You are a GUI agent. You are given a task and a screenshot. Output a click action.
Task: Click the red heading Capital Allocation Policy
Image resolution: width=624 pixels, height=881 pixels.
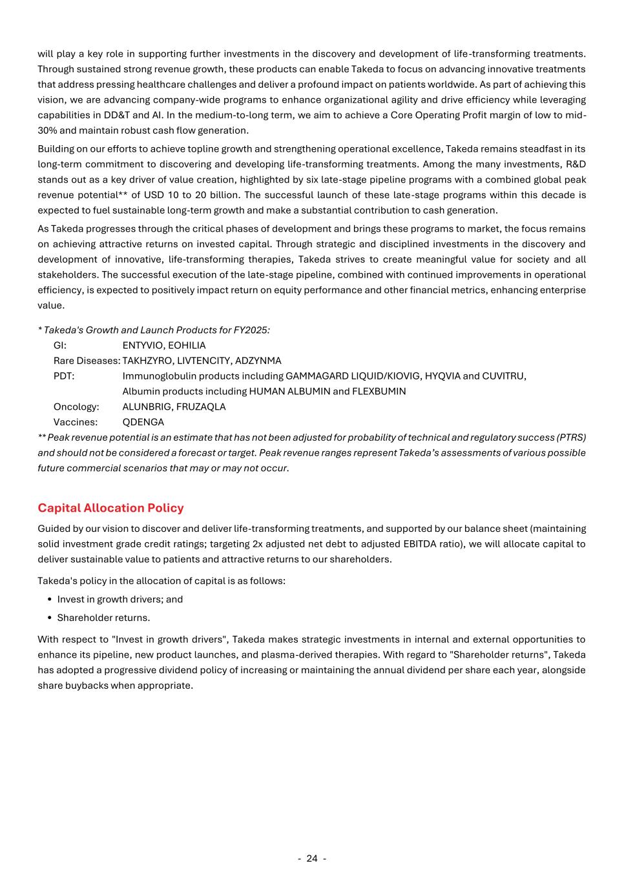tap(110, 508)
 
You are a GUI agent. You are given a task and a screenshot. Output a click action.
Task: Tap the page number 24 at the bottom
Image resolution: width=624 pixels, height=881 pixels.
tap(312, 858)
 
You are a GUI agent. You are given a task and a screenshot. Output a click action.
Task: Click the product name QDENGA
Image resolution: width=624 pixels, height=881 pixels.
tap(143, 422)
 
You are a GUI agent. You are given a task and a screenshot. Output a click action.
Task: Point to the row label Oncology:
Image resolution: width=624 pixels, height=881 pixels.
tap(76, 407)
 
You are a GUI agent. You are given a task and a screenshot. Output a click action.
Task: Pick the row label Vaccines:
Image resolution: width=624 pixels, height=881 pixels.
tap(76, 422)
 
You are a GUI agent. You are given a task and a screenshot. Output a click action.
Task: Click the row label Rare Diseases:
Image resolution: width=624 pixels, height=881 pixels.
tap(87, 361)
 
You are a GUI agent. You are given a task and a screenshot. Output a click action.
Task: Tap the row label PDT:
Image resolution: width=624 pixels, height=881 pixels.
tap(64, 376)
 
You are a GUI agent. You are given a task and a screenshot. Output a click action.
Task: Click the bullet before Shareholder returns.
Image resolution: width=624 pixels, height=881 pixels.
tap(50, 618)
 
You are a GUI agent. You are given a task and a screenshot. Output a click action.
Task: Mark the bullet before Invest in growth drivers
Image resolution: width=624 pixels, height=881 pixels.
tap(50, 600)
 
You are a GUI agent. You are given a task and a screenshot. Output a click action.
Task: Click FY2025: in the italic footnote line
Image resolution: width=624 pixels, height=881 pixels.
tap(252, 330)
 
